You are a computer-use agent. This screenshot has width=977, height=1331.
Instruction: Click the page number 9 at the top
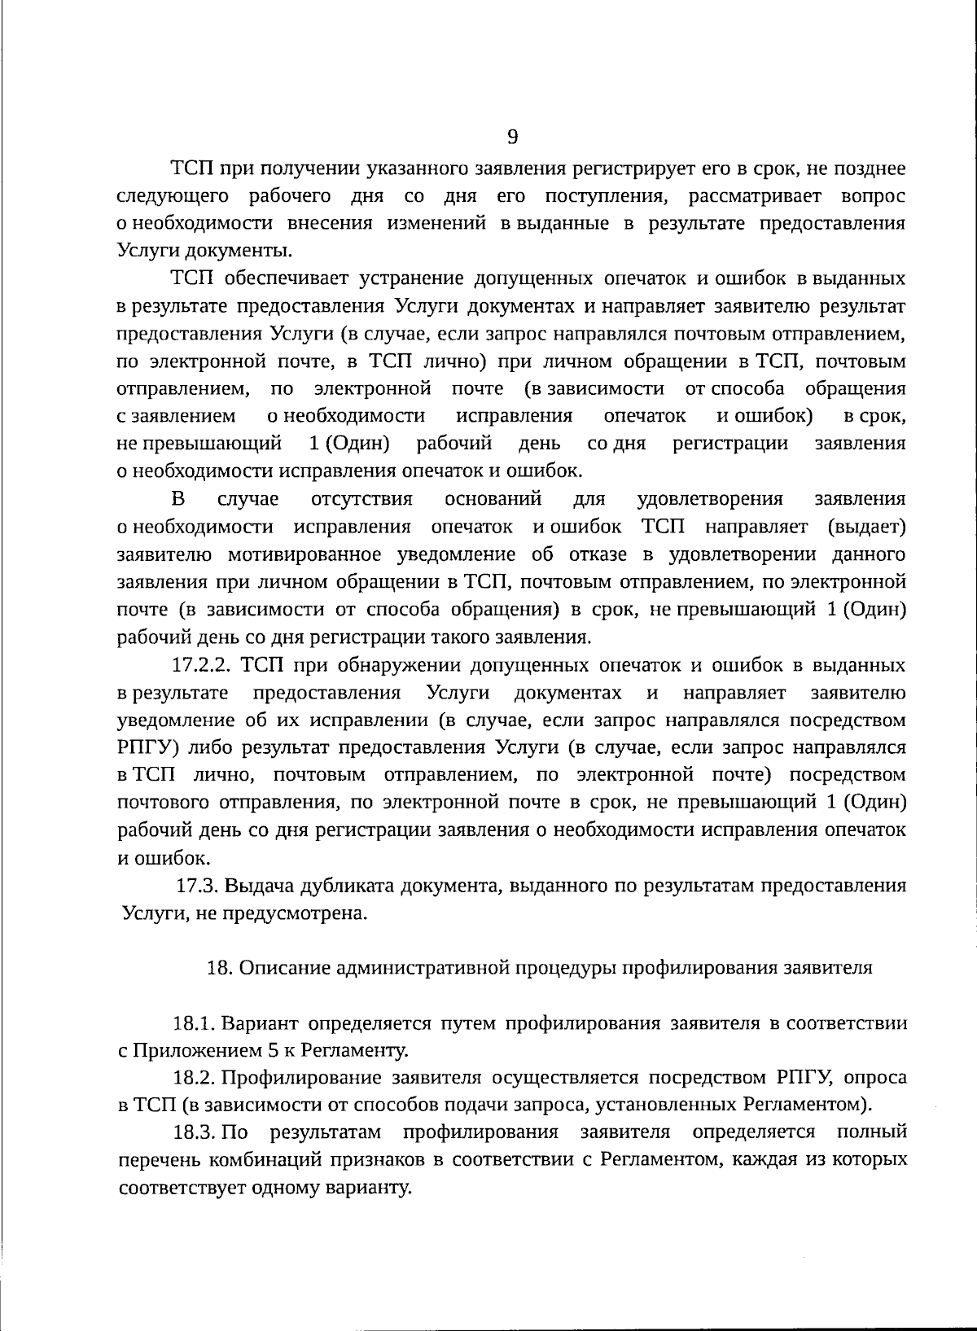point(512,137)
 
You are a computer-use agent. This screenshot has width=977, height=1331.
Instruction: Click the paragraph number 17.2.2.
point(203,665)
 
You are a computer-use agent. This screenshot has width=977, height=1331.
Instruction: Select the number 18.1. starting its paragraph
point(195,1022)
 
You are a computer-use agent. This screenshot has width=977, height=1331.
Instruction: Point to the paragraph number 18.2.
point(195,1078)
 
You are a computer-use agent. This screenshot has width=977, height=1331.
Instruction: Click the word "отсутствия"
point(361,499)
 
